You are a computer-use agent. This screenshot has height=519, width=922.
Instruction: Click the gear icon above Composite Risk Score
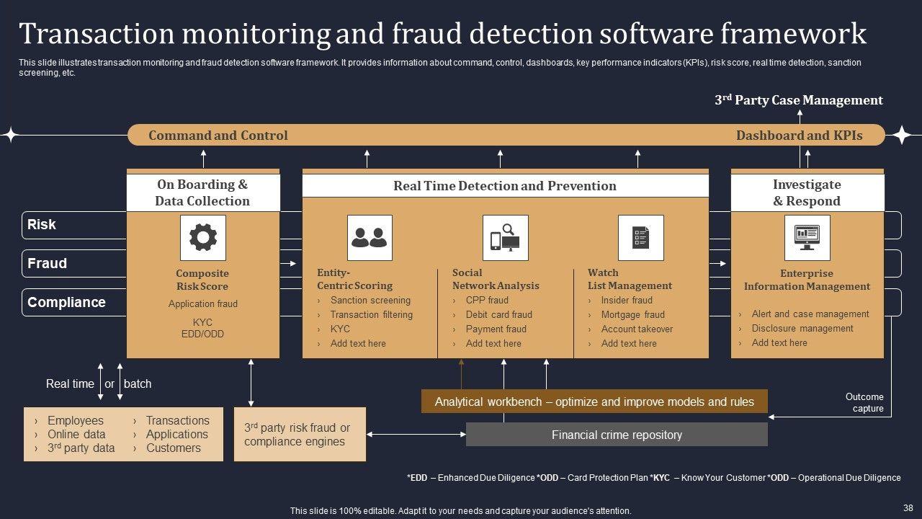[202, 237]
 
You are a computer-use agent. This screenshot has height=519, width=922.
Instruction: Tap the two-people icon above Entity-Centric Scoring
[370, 237]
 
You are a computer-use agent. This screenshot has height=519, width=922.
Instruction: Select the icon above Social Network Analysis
[505, 237]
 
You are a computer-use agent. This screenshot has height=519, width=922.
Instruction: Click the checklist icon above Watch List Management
[640, 237]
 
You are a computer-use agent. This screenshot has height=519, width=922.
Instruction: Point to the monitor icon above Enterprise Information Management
[807, 237]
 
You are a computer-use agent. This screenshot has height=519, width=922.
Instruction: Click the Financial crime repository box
[617, 435]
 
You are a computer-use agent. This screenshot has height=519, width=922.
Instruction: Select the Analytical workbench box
[594, 402]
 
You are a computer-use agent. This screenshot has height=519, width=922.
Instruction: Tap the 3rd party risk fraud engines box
[300, 435]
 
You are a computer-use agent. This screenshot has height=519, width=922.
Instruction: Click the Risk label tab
[42, 225]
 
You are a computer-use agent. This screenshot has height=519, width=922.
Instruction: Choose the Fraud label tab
[48, 264]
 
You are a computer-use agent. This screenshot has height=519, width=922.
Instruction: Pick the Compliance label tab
[66, 303]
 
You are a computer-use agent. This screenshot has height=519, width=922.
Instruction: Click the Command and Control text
[218, 136]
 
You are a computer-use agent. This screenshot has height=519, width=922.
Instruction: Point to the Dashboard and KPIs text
[799, 136]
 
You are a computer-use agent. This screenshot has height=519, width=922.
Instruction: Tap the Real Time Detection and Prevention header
[505, 186]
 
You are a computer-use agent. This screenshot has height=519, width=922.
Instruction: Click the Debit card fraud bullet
[498, 314]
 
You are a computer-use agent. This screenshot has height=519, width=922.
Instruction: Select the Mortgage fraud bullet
[632, 314]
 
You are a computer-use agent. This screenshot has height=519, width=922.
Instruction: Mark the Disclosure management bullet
[802, 328]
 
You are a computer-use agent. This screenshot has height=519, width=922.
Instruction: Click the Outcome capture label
[864, 402]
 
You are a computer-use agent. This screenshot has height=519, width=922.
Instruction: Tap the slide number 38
[907, 507]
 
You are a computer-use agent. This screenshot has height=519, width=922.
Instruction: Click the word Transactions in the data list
[177, 420]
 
